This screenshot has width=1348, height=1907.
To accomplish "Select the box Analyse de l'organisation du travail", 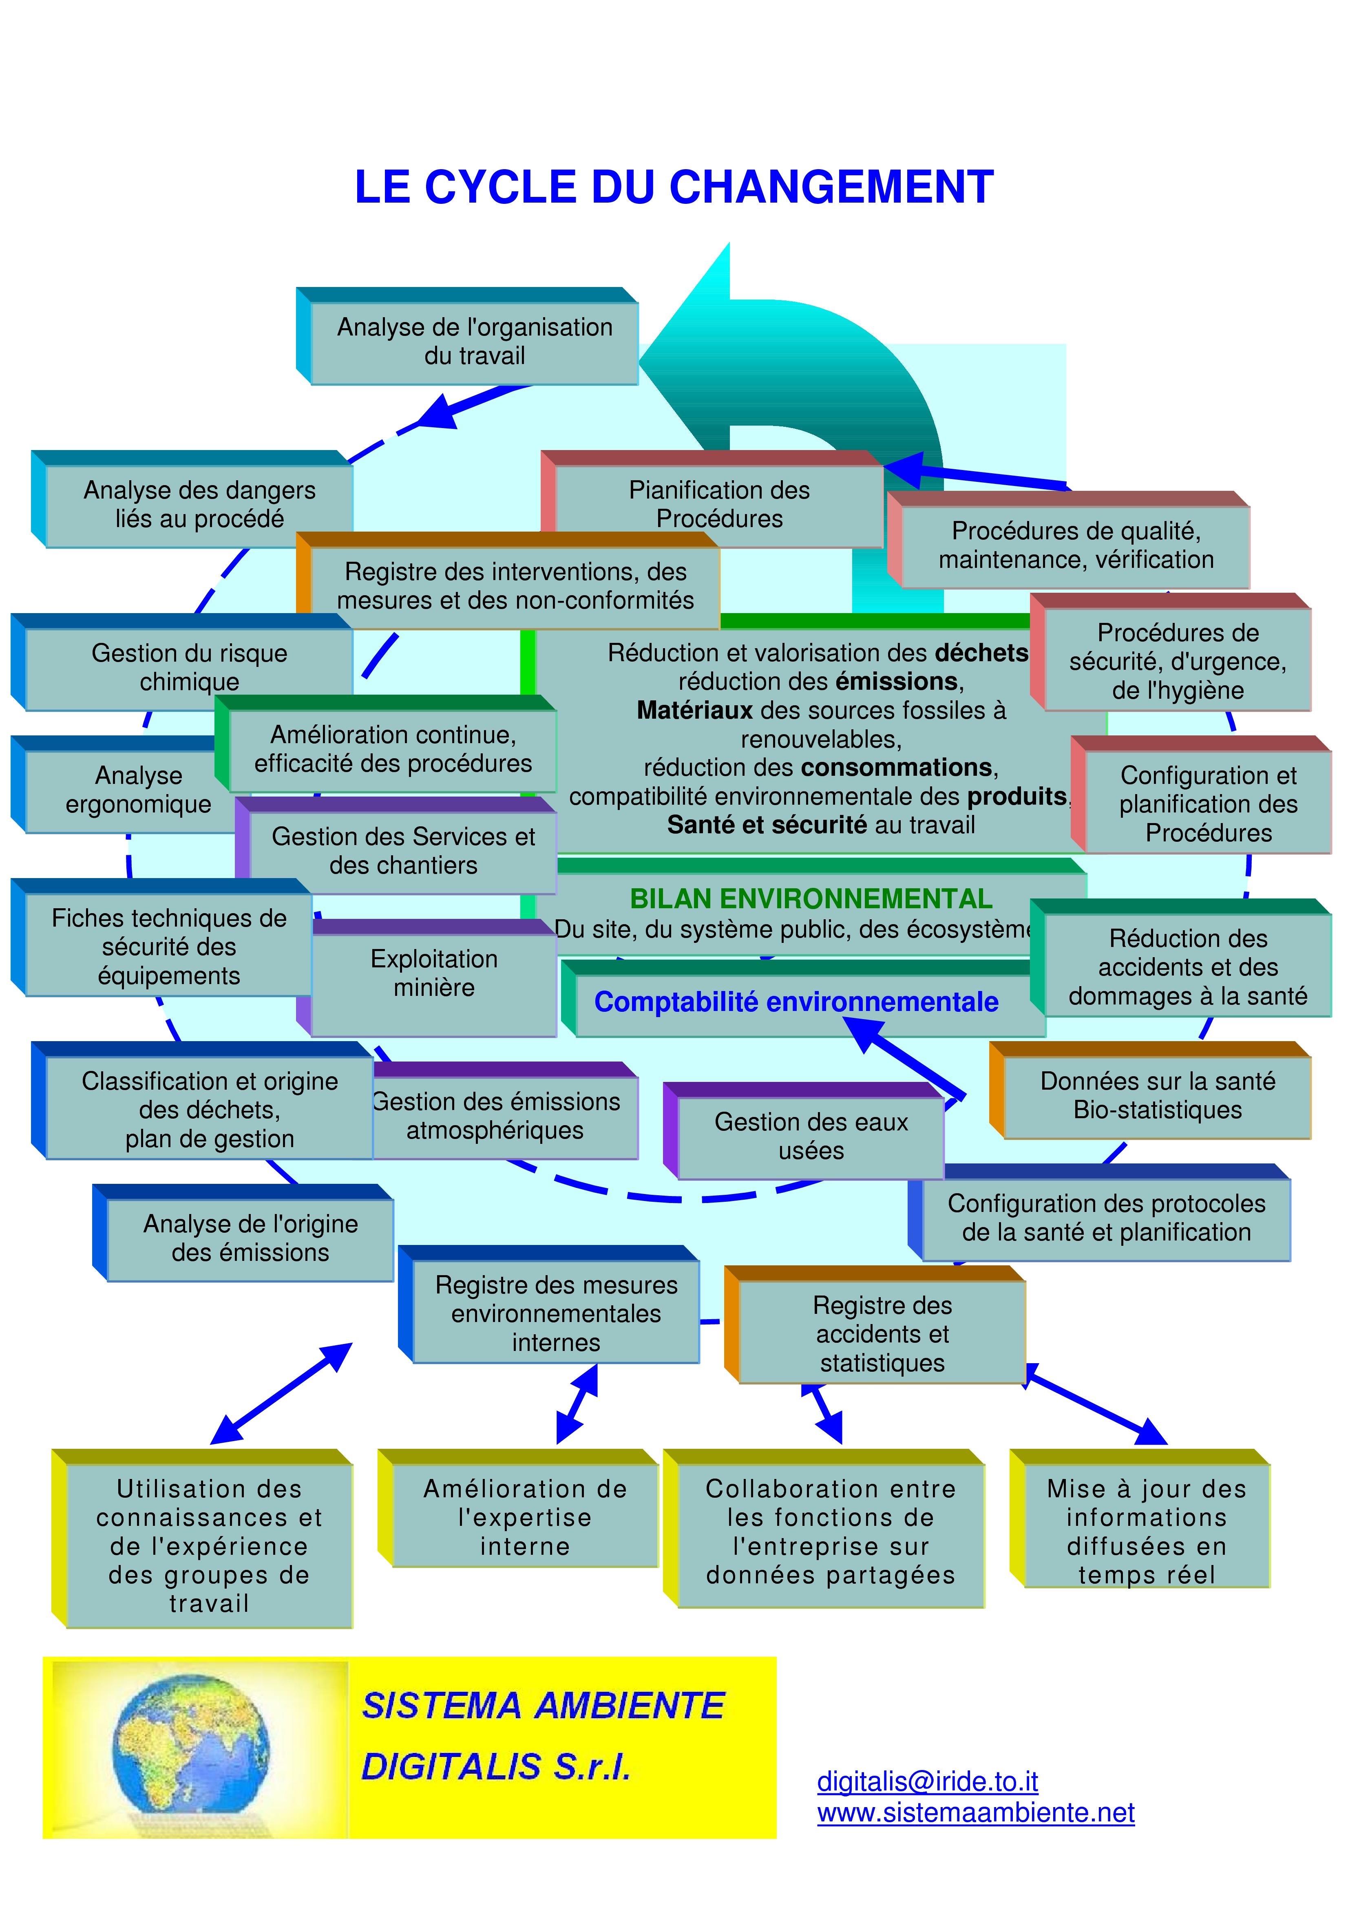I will click(x=474, y=341).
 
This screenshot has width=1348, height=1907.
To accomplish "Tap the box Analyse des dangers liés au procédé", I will click(x=199, y=504).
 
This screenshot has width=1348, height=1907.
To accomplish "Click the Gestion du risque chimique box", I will click(x=189, y=667).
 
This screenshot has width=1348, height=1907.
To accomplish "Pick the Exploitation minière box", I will click(x=433, y=973).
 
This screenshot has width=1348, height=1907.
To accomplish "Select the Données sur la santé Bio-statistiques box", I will click(x=1157, y=1095).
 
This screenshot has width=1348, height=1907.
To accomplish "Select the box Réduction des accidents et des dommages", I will click(x=1188, y=967).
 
